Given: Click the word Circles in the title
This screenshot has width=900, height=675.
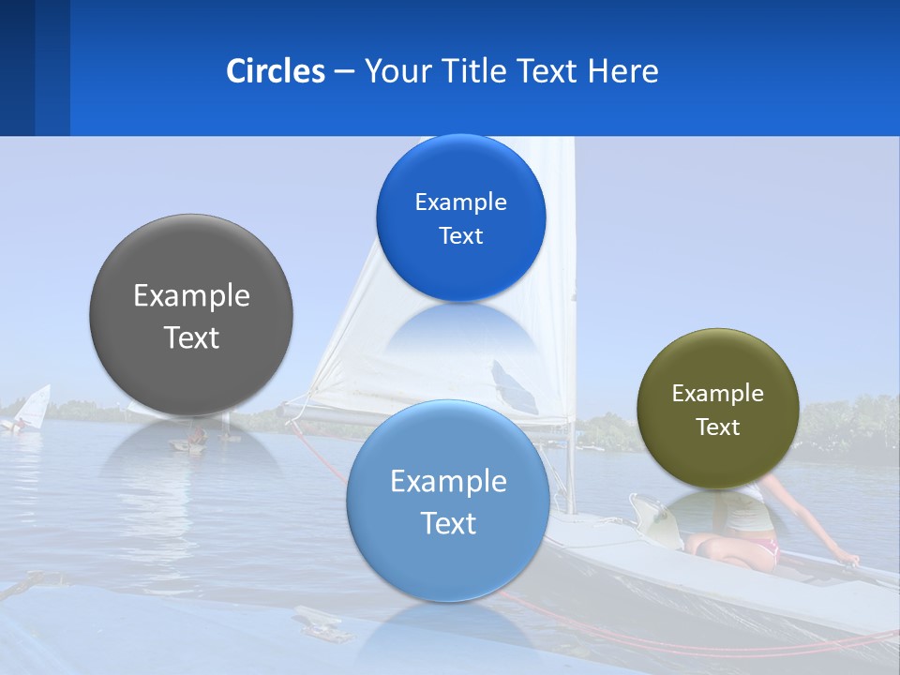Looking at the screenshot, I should click(276, 71).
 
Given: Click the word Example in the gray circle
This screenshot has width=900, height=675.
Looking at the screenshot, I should click(191, 296).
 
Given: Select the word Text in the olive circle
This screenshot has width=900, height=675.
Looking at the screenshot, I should click(718, 427).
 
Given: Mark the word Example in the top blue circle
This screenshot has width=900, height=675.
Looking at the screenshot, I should click(461, 202).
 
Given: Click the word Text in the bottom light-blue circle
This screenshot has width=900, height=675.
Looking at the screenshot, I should click(448, 523).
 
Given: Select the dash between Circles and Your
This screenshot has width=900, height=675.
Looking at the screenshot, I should click(344, 72).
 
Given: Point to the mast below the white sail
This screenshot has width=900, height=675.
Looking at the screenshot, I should click(569, 469).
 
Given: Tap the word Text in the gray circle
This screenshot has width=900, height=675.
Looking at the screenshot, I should click(191, 338).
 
